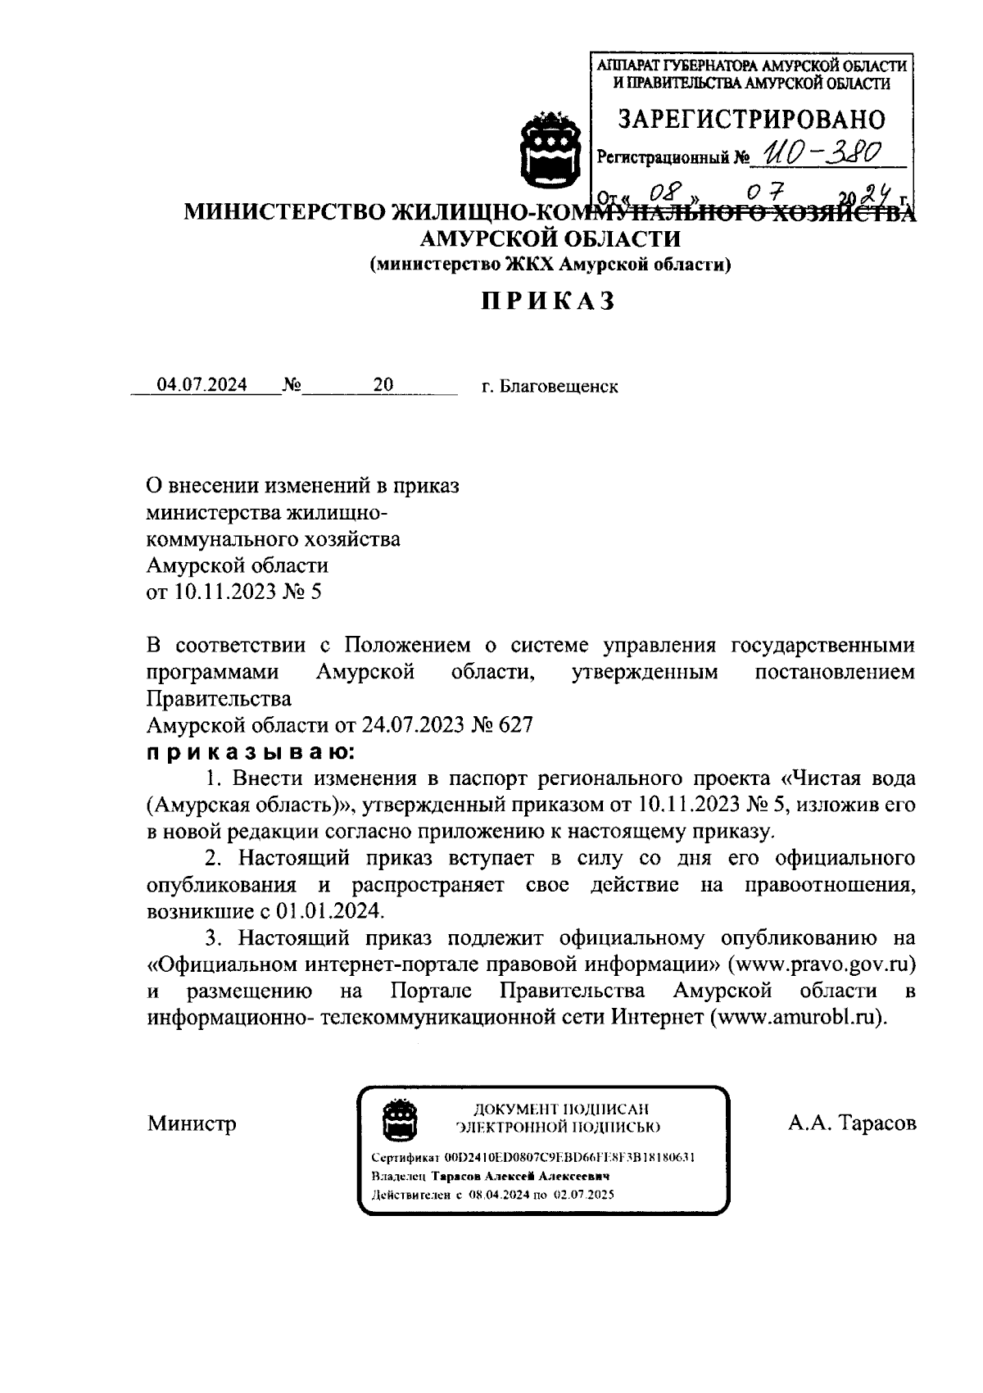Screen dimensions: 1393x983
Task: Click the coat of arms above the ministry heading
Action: tap(550, 151)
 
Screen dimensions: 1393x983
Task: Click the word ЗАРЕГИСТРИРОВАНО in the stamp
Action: tap(750, 120)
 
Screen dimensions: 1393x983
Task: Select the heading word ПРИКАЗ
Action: tap(548, 301)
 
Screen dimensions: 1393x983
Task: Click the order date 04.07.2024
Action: tap(202, 385)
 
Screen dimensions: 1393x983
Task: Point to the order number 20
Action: tap(383, 385)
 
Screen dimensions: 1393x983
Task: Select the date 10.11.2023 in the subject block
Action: tap(223, 592)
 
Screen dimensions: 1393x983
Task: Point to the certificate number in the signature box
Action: tap(570, 1158)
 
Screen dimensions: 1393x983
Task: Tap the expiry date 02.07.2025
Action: tap(583, 1194)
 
